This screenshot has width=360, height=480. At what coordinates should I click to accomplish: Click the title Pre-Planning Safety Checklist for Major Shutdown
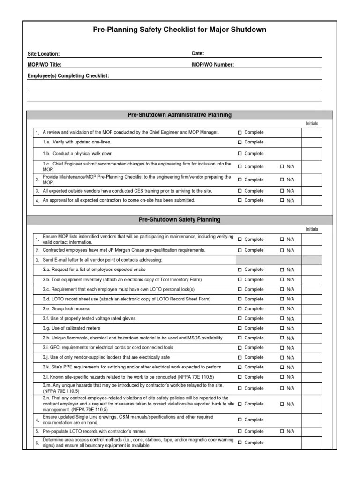[x=180, y=30]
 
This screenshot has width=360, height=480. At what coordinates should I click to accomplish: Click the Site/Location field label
[x=44, y=54]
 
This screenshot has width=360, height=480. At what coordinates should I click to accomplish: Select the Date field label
[x=198, y=54]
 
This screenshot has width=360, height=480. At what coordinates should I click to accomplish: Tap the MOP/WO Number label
[x=213, y=65]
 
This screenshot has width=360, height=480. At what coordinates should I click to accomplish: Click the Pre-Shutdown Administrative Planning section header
[x=180, y=115]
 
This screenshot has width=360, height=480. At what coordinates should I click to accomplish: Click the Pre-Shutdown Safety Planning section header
[x=180, y=219]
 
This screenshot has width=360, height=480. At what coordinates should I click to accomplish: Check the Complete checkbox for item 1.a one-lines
[x=240, y=142]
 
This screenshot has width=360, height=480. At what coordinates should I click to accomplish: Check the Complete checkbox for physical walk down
[x=240, y=154]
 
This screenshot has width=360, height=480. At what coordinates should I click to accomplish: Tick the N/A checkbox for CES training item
[x=282, y=191]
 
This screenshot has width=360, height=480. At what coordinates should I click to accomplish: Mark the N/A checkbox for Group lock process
[x=282, y=309]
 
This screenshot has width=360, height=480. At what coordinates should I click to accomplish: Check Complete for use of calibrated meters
[x=240, y=329]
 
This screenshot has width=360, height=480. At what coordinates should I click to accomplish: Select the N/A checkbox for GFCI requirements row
[x=282, y=348]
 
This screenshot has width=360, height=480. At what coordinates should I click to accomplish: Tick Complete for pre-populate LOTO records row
[x=240, y=432]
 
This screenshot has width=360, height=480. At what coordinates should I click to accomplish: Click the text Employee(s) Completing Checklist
[x=68, y=75]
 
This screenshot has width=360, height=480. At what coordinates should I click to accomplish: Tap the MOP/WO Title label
[x=45, y=65]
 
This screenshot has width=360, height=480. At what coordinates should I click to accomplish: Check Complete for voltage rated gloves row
[x=240, y=319]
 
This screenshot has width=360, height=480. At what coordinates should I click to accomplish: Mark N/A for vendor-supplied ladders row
[x=282, y=358]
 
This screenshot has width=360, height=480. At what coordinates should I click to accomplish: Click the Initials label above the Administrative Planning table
[x=312, y=124]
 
